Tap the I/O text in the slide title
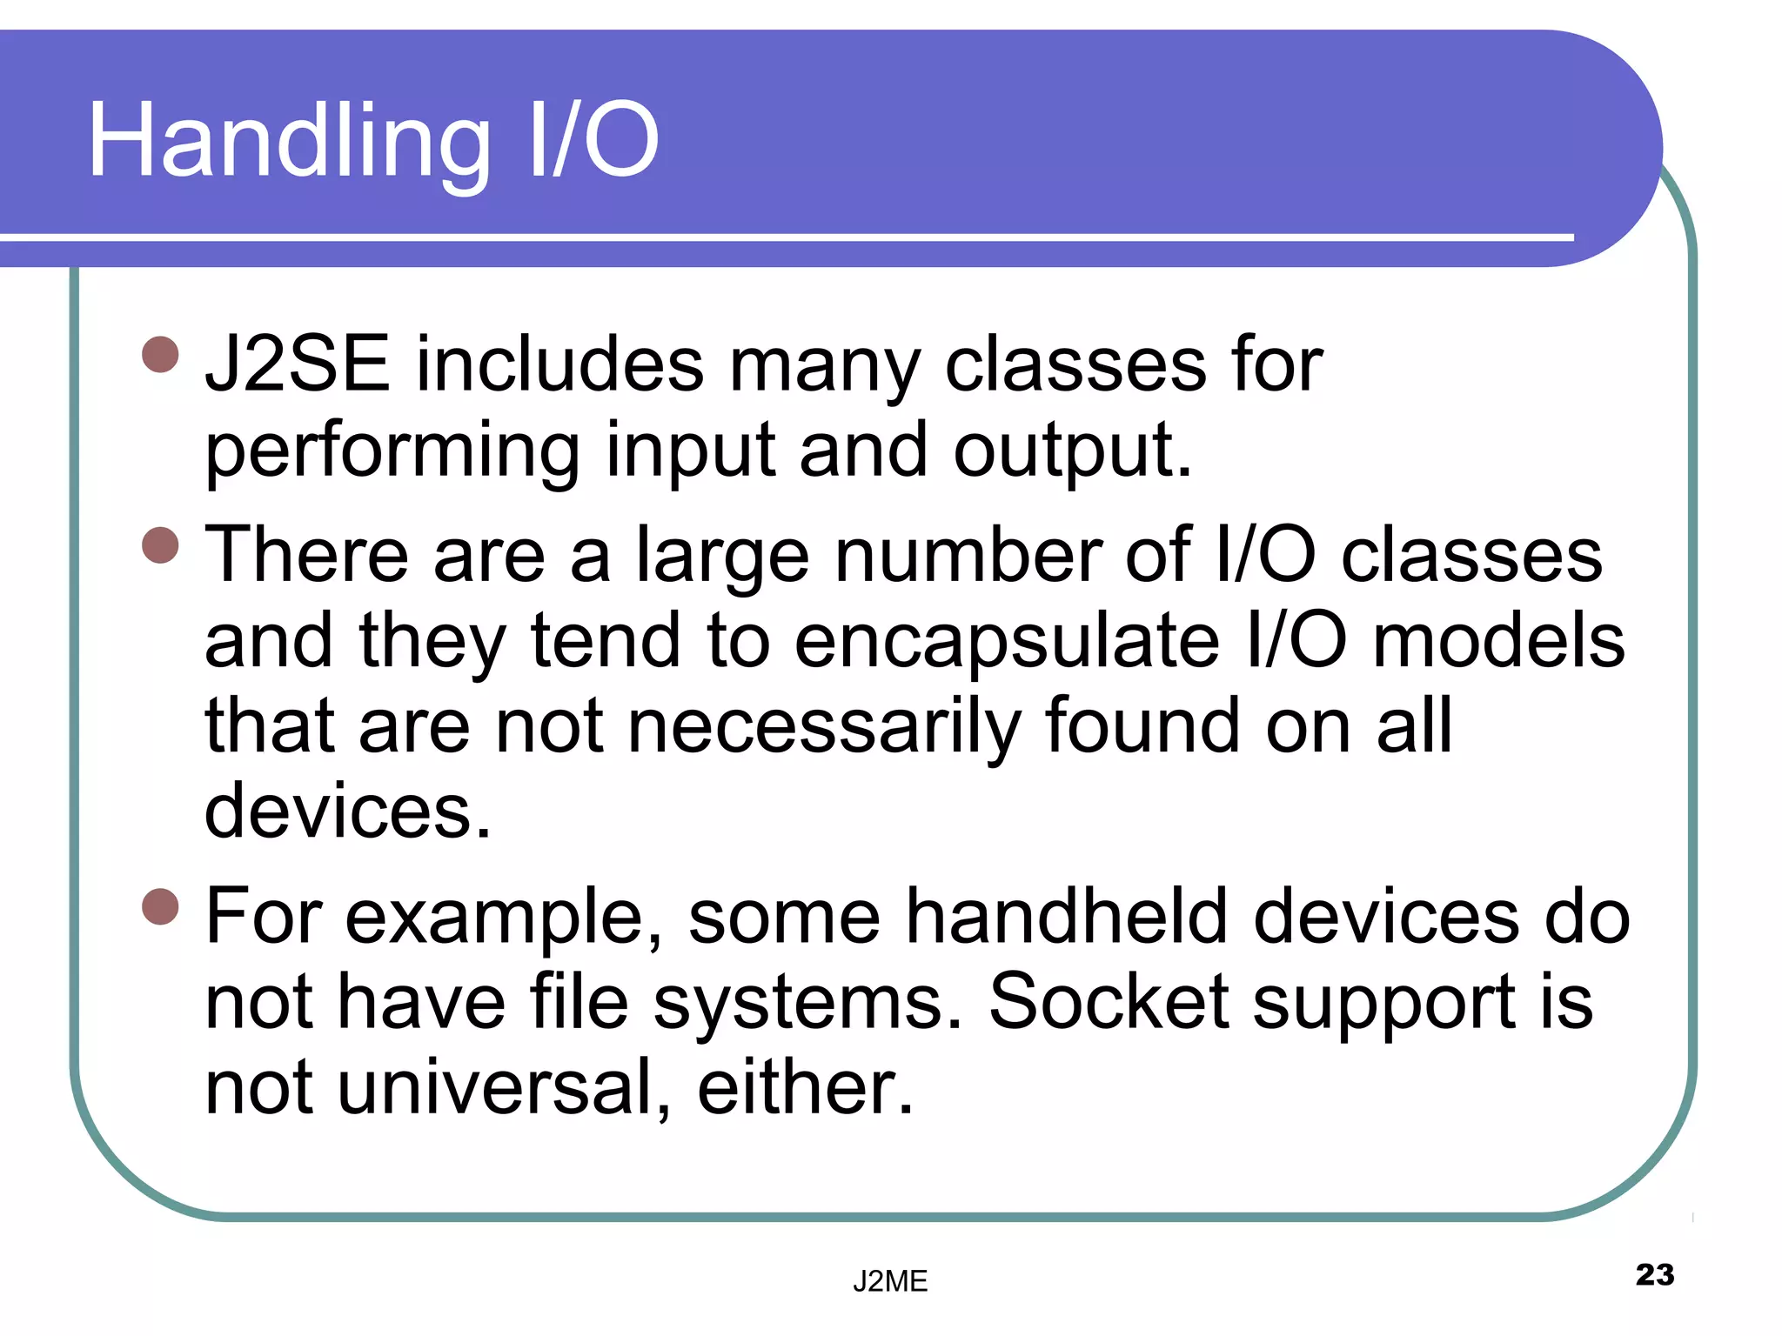pos(593,141)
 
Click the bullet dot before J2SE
pos(160,354)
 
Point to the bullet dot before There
pos(160,545)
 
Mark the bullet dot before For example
pos(160,906)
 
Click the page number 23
pos(1654,1274)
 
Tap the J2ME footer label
pos(889,1281)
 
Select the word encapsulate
pos(1007,641)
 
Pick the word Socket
pos(1108,1002)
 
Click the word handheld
pos(1067,917)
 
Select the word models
pos(1497,641)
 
